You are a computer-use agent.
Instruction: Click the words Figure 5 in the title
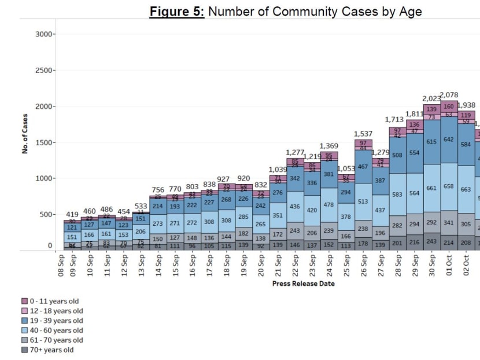pos(176,11)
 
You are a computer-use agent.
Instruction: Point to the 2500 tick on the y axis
pos(43,71)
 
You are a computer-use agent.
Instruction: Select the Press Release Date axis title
pos(303,284)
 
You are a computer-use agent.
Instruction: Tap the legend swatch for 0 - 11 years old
pos(25,301)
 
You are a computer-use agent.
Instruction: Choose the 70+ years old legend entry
pos(51,350)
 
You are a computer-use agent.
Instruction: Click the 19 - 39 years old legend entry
pos(56,321)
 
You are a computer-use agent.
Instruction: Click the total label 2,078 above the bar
pos(449,95)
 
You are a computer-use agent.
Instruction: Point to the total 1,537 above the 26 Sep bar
pos(363,134)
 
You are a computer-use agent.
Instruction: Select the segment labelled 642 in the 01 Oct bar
pos(449,139)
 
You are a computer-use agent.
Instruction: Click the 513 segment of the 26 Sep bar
pos(363,201)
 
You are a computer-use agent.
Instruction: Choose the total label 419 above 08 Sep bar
pos(72,215)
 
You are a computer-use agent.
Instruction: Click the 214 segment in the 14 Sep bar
pos(158,205)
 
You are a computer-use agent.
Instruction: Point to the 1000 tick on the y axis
pos(43,179)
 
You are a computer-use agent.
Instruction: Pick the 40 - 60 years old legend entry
pos(56,330)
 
